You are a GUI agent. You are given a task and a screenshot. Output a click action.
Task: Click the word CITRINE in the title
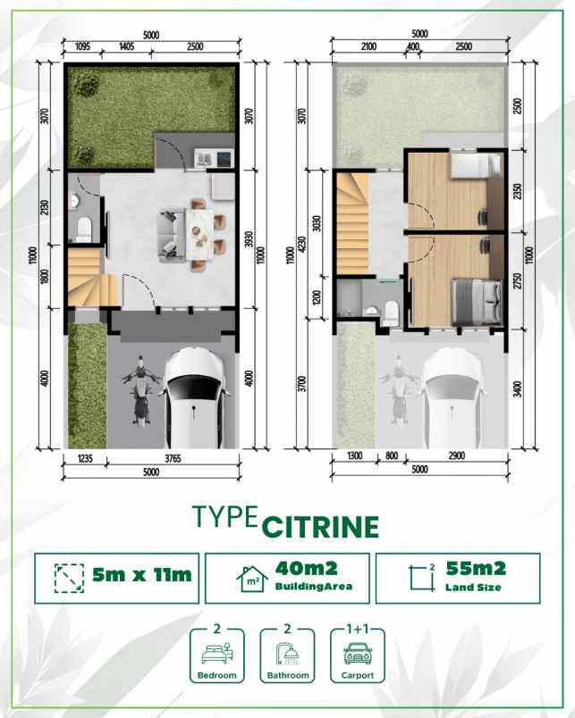tap(321, 526)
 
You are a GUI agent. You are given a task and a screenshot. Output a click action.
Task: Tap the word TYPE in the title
tap(226, 518)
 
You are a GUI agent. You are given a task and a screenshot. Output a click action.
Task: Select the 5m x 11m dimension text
tap(142, 575)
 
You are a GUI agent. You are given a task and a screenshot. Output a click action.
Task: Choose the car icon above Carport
tap(357, 652)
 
